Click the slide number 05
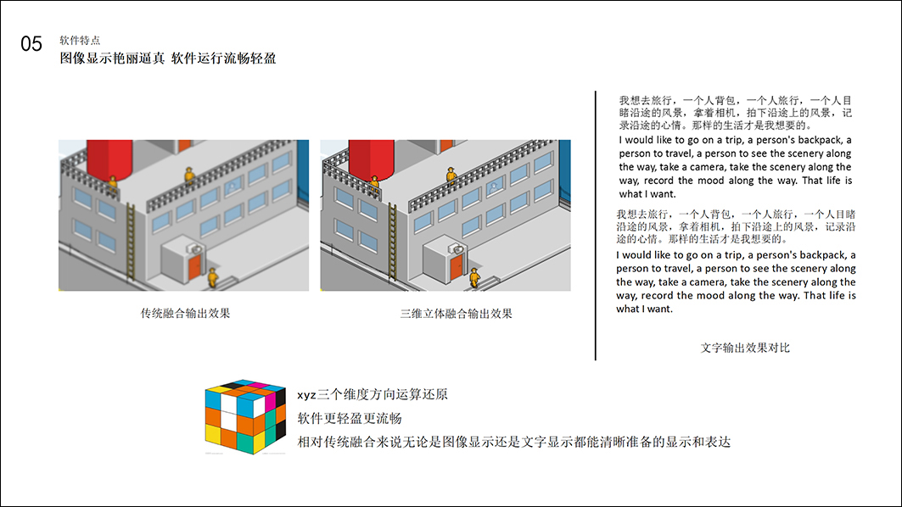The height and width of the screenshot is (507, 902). click(x=31, y=44)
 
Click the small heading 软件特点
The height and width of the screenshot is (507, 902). click(x=80, y=40)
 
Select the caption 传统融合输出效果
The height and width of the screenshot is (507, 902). click(x=185, y=314)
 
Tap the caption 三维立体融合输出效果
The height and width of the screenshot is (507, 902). click(x=457, y=314)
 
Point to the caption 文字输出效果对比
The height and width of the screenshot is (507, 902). click(x=745, y=348)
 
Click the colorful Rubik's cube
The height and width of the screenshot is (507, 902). click(x=245, y=416)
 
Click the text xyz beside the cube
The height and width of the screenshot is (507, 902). click(x=306, y=395)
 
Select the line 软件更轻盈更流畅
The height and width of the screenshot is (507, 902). click(x=350, y=419)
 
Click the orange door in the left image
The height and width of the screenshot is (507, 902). click(x=194, y=267)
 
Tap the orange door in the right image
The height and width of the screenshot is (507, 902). click(x=457, y=267)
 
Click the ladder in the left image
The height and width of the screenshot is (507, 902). click(x=131, y=242)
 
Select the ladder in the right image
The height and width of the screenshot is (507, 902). click(x=393, y=242)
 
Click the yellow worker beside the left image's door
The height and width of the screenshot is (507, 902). click(x=213, y=277)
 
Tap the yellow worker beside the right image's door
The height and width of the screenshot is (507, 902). click(x=474, y=277)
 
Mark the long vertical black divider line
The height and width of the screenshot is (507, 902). click(x=596, y=226)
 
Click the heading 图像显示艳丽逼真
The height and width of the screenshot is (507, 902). click(x=112, y=58)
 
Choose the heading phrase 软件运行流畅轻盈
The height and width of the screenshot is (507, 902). click(x=224, y=58)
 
